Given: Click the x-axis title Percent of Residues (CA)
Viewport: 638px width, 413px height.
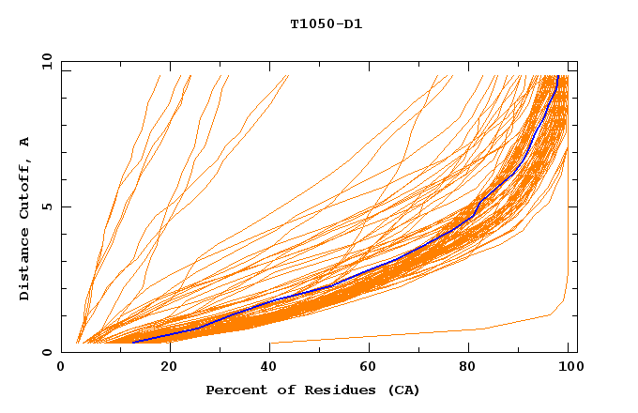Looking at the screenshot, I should [313, 390].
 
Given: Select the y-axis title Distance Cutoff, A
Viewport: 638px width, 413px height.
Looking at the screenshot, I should [24, 218].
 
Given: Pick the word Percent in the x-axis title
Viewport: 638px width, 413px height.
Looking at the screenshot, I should [235, 390].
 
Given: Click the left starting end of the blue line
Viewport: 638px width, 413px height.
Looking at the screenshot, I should [132, 343].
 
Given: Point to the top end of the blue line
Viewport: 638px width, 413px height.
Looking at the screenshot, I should [558, 77].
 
